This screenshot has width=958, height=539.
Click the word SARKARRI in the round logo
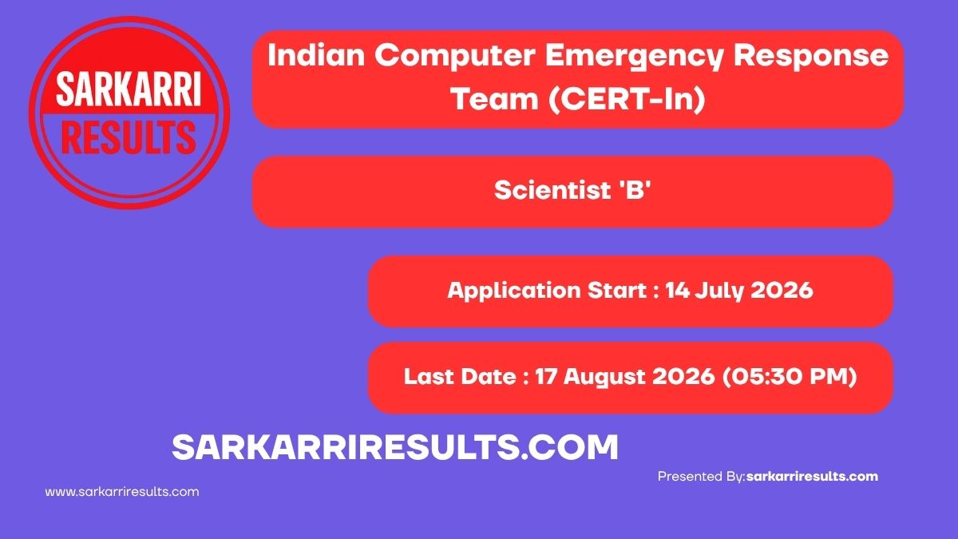pyautogui.click(x=129, y=89)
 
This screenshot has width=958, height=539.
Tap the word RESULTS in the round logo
pyautogui.click(x=129, y=137)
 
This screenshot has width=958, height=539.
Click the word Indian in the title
pyautogui.click(x=316, y=56)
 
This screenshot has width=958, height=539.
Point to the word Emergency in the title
pyautogui.click(x=634, y=57)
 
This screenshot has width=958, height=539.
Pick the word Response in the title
pyautogui.click(x=811, y=57)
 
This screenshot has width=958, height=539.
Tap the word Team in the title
pyautogui.click(x=495, y=99)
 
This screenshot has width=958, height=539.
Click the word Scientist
pyautogui.click(x=552, y=190)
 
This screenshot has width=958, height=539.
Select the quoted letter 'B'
pyautogui.click(x=635, y=190)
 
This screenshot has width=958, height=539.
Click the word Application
pyautogui.click(x=514, y=291)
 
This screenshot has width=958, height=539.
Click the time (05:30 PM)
pyautogui.click(x=790, y=376)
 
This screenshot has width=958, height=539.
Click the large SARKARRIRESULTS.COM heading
pyautogui.click(x=395, y=447)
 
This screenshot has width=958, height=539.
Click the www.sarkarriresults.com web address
pyautogui.click(x=122, y=492)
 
